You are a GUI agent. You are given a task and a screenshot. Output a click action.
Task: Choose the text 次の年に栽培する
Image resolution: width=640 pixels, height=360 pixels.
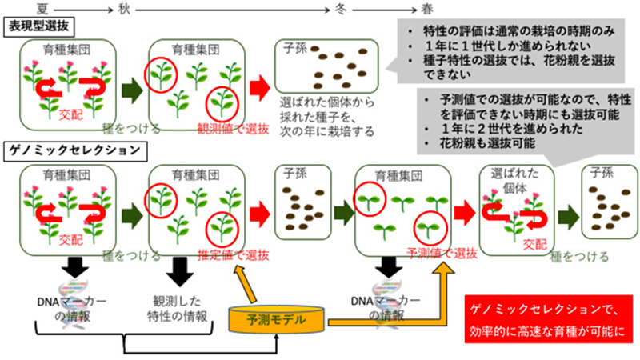[x=326, y=133]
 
